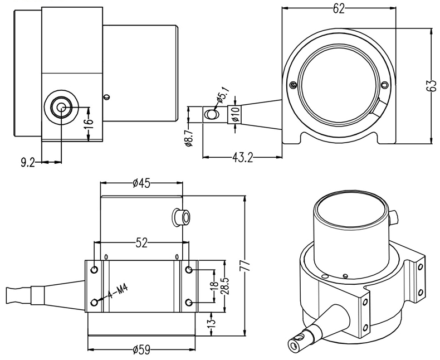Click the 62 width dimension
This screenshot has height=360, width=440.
pyautogui.click(x=338, y=8)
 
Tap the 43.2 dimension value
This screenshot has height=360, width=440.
pyautogui.click(x=242, y=158)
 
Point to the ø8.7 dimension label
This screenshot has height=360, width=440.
pyautogui.click(x=189, y=137)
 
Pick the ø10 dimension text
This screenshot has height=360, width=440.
pyautogui.click(x=236, y=114)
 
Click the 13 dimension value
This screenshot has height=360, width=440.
pyautogui.click(x=212, y=323)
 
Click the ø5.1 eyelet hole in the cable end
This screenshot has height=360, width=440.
pyautogui.click(x=211, y=115)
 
